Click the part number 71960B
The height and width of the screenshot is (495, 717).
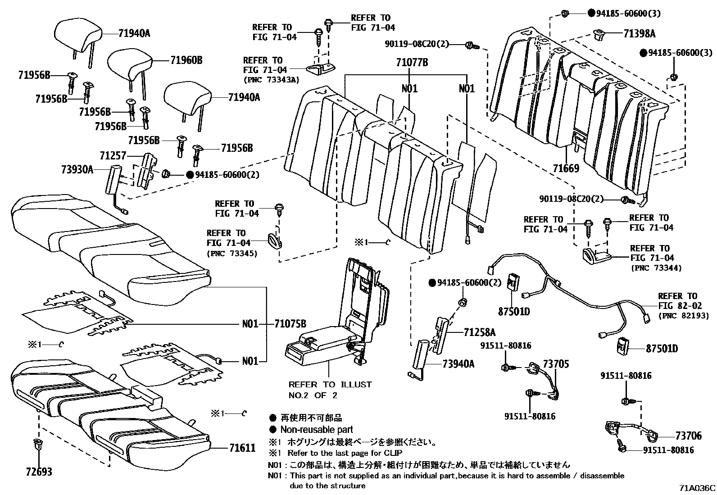pos(186,60)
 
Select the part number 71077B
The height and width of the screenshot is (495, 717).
pos(412,63)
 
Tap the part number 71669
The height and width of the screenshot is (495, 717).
pos(566,169)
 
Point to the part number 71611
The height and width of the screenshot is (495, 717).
pos(242,448)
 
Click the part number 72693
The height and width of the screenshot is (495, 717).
pos(39,472)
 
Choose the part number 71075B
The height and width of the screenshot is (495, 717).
pos(290,323)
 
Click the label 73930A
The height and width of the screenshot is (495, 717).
pos(77,169)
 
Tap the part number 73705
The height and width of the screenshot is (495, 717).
pos(556,364)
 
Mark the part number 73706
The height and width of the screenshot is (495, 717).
pos(688,436)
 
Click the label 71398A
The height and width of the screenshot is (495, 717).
pos(640,34)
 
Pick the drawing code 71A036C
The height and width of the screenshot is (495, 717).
pos(697,488)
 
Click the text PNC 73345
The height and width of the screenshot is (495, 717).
pos(232,253)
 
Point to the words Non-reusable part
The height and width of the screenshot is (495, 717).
pos(317,430)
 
